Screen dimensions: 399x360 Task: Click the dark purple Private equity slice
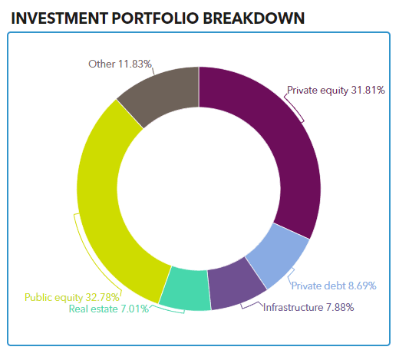(294, 144)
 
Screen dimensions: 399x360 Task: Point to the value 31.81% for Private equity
(368, 90)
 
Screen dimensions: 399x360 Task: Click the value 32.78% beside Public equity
(102, 297)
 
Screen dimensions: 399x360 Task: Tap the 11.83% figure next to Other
(135, 64)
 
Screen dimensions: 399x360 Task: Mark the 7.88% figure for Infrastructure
(340, 307)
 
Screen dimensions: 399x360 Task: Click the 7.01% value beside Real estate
(134, 309)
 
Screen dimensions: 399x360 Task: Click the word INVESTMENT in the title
(60, 18)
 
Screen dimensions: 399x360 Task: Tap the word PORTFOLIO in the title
(155, 18)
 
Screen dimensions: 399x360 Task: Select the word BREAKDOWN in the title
(254, 18)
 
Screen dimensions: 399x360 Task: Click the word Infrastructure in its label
(293, 307)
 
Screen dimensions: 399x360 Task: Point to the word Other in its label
(101, 64)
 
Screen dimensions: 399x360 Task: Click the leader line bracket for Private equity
(294, 107)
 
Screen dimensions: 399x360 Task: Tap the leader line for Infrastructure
(252, 305)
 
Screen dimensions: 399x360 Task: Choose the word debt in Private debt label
(335, 286)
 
